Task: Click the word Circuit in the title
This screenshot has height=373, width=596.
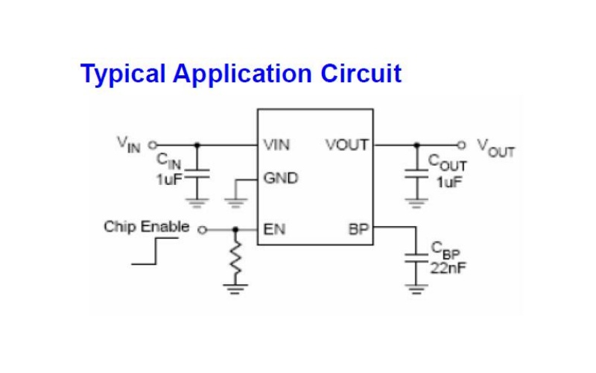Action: coord(361,73)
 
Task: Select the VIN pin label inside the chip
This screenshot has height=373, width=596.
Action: coord(276,145)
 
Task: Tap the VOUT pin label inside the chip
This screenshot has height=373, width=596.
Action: coord(347,145)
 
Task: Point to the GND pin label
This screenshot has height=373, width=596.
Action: coord(281,178)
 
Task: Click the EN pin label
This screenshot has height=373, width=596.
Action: coord(274,229)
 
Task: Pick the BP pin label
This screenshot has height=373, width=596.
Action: coord(358,229)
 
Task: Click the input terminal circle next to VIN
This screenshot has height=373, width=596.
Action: coord(153,145)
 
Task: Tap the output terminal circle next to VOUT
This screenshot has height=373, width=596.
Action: coord(461,145)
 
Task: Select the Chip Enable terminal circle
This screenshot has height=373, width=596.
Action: coord(203,230)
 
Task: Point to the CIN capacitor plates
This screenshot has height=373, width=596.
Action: coord(197,174)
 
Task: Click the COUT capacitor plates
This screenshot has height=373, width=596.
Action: coord(416,174)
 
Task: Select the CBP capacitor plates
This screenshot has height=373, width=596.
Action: coord(416,257)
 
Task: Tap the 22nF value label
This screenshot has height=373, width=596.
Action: coord(448,269)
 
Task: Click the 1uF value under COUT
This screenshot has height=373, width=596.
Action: coord(449,182)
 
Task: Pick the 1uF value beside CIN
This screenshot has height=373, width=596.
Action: coord(170,179)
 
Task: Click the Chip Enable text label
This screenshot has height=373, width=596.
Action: coord(146,227)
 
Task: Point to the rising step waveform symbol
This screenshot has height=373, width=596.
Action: coord(155,251)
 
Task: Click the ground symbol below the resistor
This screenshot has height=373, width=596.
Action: coord(235,289)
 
